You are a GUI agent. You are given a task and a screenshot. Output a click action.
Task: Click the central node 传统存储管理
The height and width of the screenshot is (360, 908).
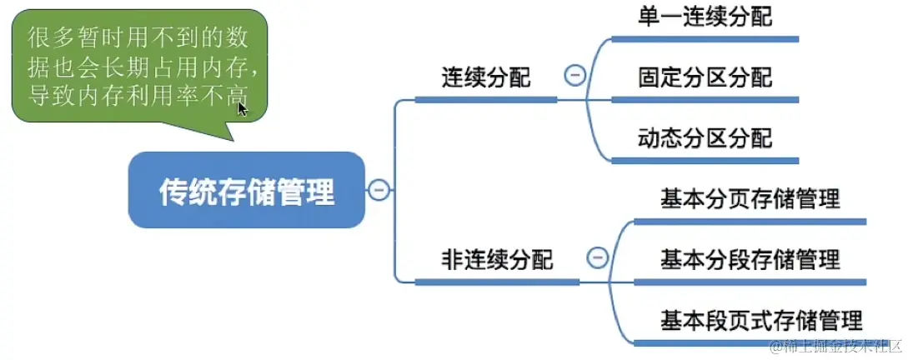246,191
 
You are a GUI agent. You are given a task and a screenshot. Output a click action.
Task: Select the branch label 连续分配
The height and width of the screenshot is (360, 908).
486,77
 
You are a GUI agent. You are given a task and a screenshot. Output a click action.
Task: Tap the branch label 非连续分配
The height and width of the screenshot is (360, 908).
497,259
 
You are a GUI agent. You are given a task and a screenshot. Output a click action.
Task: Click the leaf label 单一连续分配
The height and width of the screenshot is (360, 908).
705,17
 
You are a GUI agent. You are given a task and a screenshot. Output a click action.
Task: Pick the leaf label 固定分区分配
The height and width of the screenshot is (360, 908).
705,77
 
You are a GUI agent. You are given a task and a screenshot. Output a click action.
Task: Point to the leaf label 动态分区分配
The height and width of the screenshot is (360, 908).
705,137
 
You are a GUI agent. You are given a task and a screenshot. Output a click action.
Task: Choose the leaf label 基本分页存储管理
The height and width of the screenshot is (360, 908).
750,199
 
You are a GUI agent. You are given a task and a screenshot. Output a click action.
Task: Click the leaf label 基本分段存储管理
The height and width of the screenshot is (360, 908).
750,259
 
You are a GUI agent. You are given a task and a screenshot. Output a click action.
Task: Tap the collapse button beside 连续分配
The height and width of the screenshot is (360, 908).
574,76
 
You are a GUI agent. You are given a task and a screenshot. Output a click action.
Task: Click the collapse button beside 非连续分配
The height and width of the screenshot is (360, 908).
597,258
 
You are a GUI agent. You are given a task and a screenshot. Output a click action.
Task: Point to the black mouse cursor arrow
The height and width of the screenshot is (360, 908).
242,108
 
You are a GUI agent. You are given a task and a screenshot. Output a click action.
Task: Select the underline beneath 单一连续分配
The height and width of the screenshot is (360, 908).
705,39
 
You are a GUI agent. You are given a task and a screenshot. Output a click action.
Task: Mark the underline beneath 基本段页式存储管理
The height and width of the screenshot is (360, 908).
750,342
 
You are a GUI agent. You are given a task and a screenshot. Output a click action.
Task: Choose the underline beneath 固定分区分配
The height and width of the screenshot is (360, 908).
705,100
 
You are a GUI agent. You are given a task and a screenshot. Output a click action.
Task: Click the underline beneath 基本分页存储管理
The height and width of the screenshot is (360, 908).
750,222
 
